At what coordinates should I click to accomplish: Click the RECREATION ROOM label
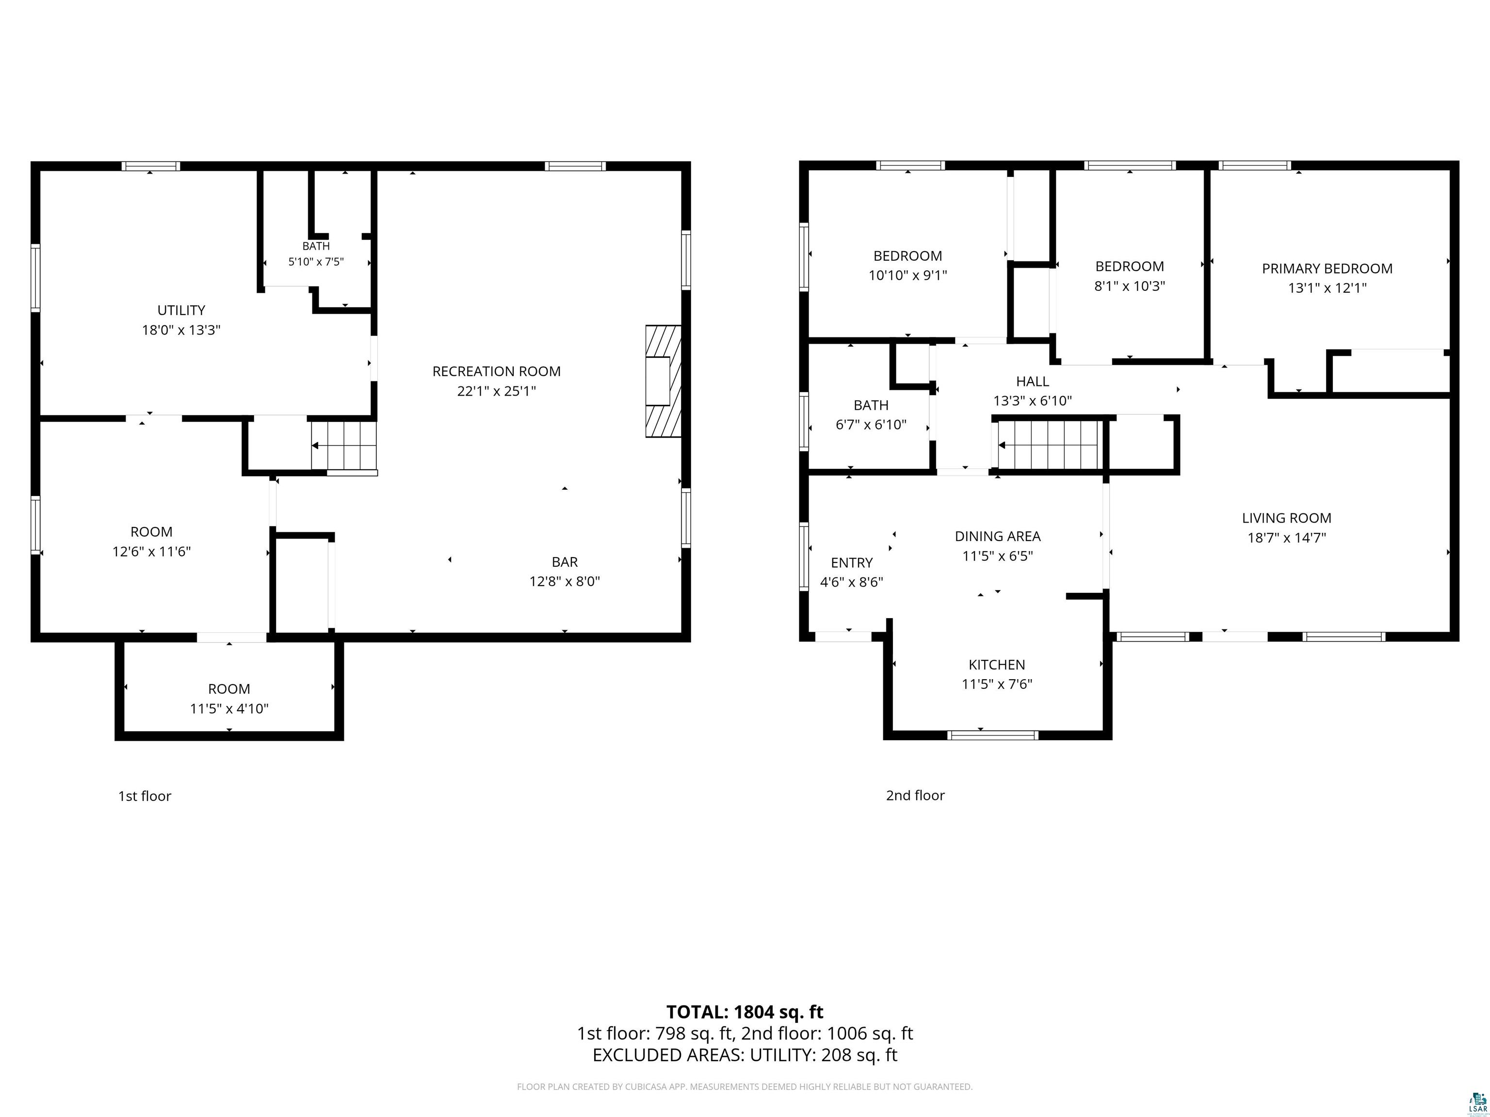tap(497, 371)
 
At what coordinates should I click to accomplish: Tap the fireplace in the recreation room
tap(664, 381)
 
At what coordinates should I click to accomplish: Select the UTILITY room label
tap(181, 310)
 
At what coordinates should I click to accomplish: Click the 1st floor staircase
tap(343, 445)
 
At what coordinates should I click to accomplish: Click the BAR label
tap(565, 561)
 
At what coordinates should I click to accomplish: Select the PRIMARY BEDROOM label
tap(1327, 269)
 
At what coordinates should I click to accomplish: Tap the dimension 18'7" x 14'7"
tap(1287, 537)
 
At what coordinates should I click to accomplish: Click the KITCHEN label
tap(997, 665)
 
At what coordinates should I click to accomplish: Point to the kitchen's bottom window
tap(993, 734)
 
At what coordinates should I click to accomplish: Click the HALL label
tap(1033, 382)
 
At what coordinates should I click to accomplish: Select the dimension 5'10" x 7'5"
tap(316, 261)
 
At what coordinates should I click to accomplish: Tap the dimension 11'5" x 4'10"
tap(229, 708)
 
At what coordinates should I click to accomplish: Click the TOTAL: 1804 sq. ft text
tap(745, 1012)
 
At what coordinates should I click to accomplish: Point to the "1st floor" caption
tap(145, 796)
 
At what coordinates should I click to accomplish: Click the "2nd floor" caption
tap(915, 795)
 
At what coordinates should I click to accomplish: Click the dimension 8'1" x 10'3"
tap(1130, 286)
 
